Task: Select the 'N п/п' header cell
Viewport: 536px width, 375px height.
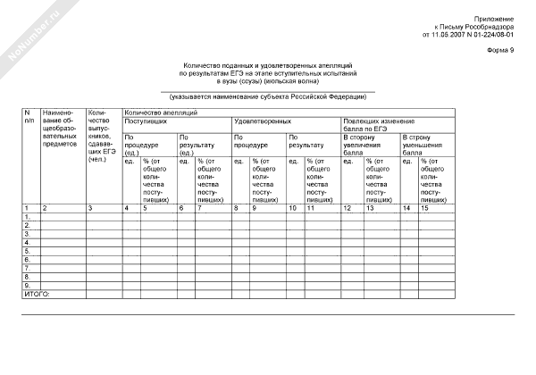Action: (x=29, y=116)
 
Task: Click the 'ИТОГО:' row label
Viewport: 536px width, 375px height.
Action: (x=37, y=293)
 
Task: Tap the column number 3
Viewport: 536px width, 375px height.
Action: (x=89, y=208)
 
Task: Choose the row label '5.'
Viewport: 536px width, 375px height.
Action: (x=28, y=251)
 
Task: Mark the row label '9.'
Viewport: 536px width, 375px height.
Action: (x=28, y=285)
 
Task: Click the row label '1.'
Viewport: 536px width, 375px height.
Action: (x=28, y=217)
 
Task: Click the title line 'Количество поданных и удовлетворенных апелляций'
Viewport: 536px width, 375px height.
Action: (x=267, y=66)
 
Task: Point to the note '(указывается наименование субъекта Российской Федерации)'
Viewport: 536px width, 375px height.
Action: (x=267, y=96)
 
